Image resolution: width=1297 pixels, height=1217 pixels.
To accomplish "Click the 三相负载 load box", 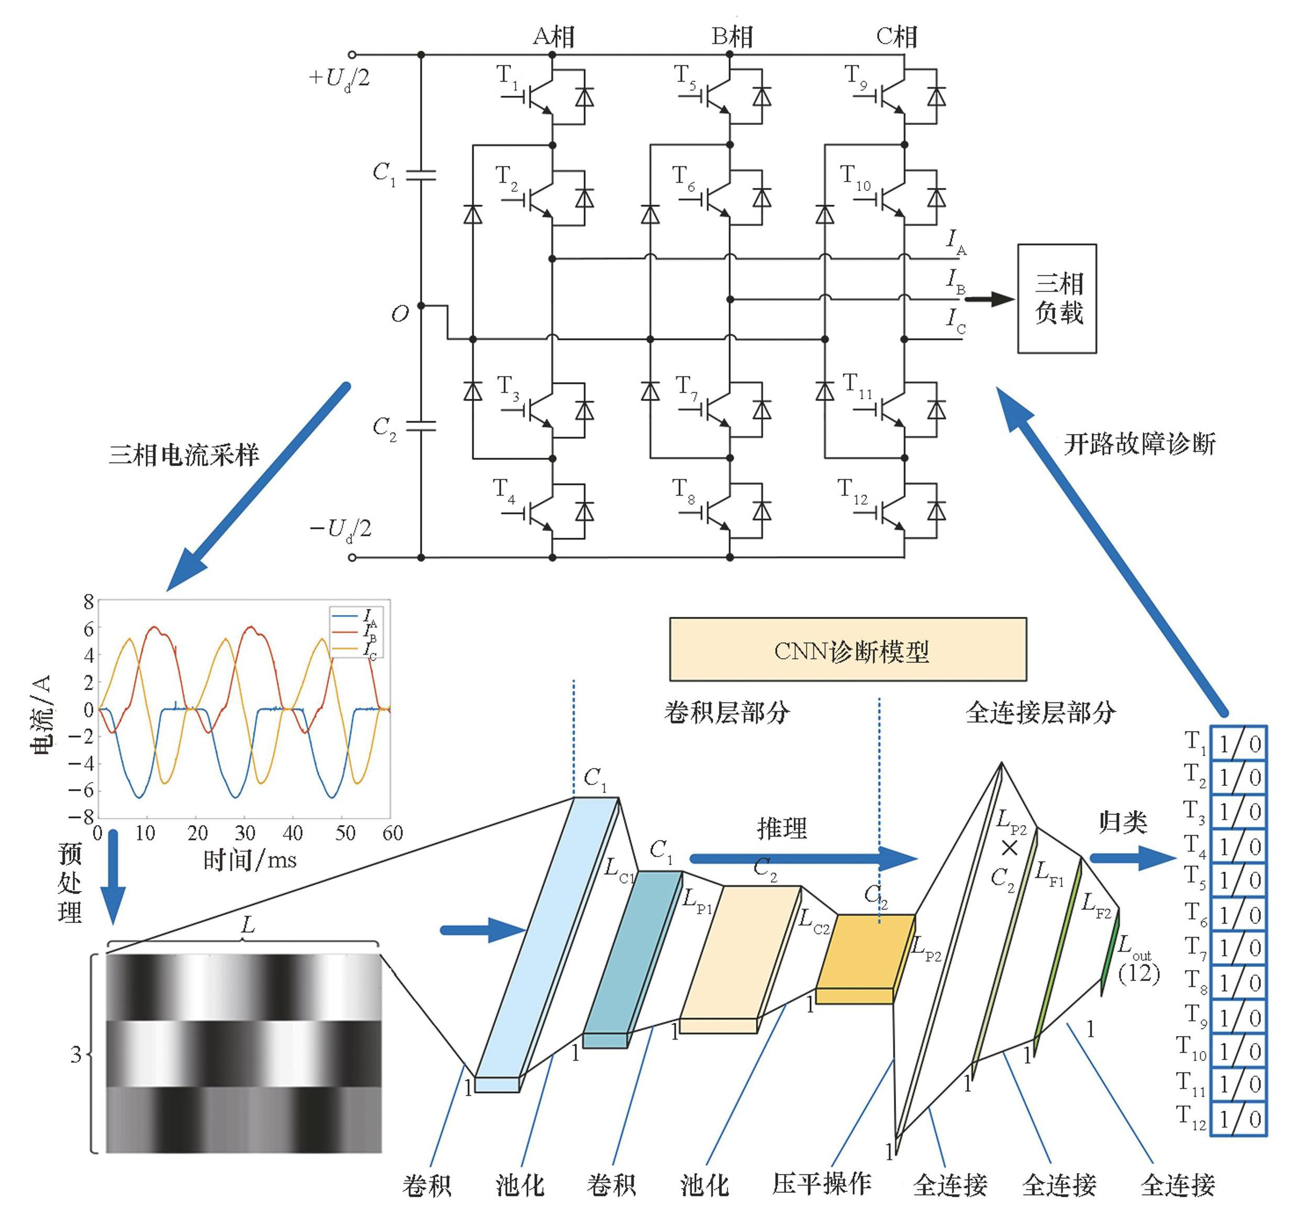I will click(x=1057, y=299).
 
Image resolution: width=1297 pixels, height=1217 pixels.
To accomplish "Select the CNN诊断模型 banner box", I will click(x=847, y=650).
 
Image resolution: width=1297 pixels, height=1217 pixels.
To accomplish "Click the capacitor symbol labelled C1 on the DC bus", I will click(x=421, y=175).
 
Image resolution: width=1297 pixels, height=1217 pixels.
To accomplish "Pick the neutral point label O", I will click(x=399, y=314).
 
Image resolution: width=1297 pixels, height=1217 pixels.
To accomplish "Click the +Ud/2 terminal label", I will click(x=339, y=79).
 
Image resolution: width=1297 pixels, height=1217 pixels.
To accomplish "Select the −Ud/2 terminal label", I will click(x=340, y=529).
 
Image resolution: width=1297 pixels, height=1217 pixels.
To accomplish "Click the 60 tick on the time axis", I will click(x=392, y=833).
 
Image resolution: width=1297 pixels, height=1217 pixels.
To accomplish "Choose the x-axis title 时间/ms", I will click(x=250, y=861).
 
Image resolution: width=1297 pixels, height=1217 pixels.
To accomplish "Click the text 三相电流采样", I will click(x=183, y=455).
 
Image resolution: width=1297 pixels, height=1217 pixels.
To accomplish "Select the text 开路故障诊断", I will click(x=1140, y=445).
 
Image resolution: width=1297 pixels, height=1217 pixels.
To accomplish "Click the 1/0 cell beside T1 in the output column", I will click(x=1238, y=743).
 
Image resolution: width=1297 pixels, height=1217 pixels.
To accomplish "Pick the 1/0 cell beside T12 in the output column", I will click(x=1238, y=1119).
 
